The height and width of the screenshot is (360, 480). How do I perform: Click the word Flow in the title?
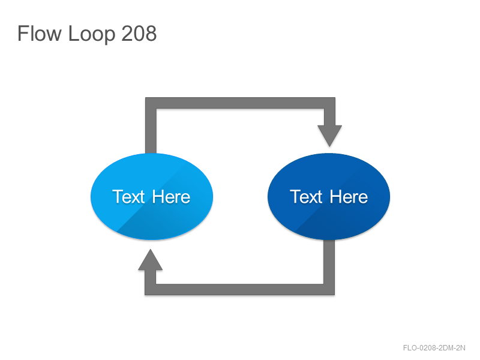(40, 34)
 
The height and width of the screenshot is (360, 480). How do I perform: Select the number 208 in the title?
(139, 34)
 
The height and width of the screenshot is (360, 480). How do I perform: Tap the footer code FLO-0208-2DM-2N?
(434, 348)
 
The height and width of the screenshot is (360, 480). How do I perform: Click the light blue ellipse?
(152, 196)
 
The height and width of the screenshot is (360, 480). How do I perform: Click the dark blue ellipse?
(329, 196)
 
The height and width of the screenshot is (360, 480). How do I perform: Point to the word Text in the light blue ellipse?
(128, 197)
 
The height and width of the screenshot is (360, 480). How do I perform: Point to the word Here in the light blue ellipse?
(171, 197)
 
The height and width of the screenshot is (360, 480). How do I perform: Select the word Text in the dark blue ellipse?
(306, 197)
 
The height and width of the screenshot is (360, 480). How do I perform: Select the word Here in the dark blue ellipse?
(349, 197)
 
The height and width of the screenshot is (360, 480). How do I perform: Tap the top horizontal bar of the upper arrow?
(241, 103)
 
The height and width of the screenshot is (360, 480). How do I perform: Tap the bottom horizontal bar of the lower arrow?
(239, 290)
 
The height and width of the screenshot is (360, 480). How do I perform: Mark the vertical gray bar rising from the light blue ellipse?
(151, 125)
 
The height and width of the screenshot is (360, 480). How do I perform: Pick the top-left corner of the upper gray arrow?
(146, 98)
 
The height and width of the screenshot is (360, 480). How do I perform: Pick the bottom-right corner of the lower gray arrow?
(334, 295)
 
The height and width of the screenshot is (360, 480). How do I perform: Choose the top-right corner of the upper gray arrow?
(335, 98)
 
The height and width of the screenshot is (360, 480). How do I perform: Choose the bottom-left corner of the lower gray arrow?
(145, 295)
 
